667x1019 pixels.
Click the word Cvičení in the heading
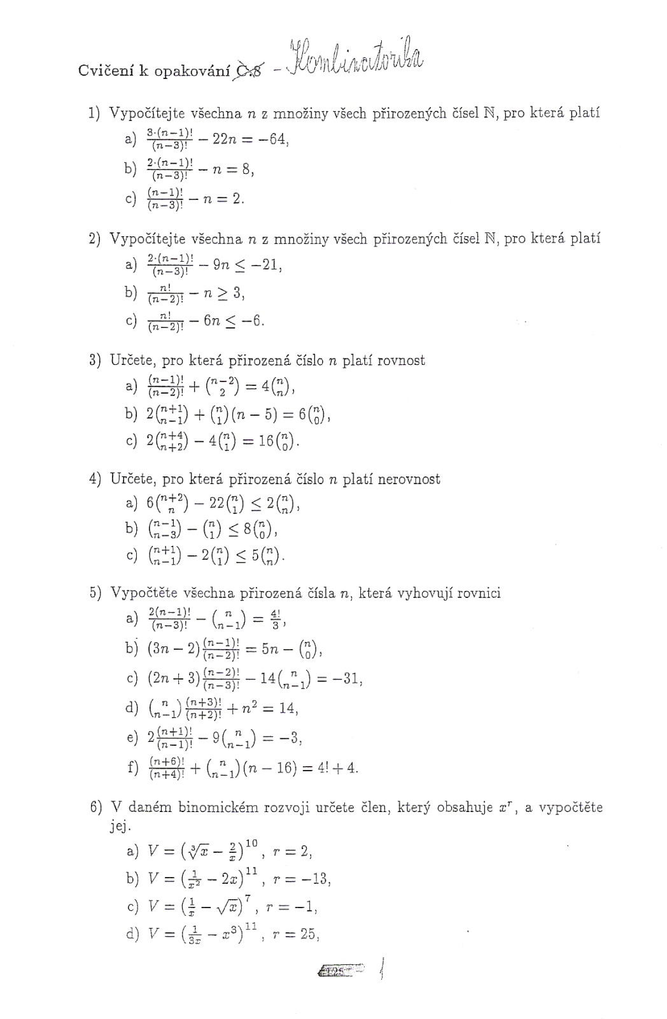tap(102, 71)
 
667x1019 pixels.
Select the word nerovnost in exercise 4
tap(409, 479)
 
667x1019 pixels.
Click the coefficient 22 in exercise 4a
tap(211, 503)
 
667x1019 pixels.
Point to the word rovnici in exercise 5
tap(477, 594)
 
